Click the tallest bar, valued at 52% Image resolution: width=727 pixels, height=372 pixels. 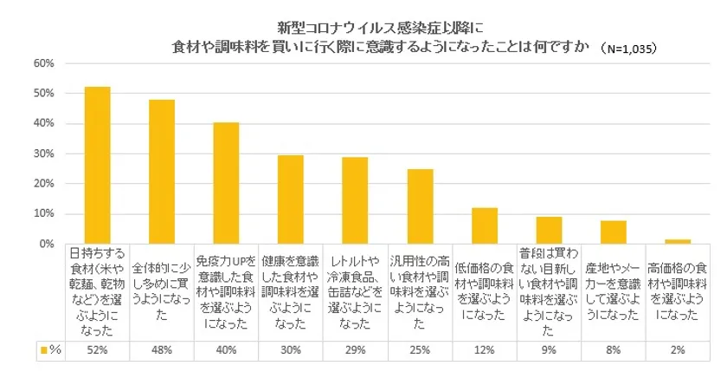(97, 166)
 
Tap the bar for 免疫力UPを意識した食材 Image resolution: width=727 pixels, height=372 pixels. (226, 183)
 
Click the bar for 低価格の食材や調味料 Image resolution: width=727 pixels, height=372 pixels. (484, 226)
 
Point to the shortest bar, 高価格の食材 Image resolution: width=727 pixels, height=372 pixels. (678, 242)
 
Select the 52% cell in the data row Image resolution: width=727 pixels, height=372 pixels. (97, 350)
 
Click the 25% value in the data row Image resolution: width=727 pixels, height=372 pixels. (420, 350)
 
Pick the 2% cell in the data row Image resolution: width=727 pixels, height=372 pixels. (678, 350)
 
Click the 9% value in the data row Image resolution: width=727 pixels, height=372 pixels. (549, 350)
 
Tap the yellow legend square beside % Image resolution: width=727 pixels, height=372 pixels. (43, 350)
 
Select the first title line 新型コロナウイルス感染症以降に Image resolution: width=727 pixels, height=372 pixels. (361, 27)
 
